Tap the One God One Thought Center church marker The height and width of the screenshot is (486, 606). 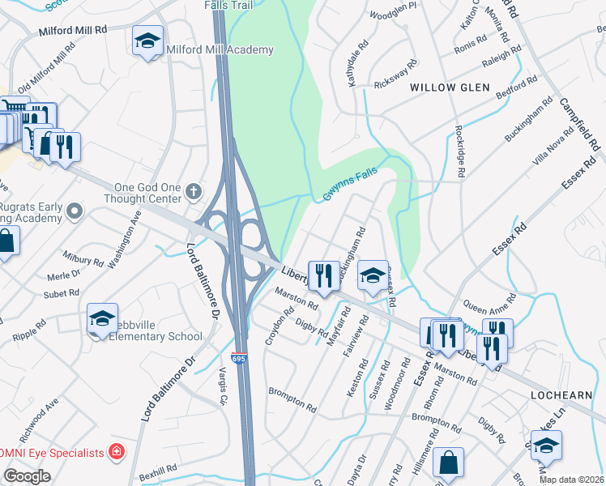(x=193, y=192)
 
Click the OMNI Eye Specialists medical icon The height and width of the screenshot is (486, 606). (x=117, y=451)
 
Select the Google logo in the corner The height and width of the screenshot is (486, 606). (x=27, y=475)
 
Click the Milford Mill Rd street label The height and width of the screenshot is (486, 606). (x=73, y=30)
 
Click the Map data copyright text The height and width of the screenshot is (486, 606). (x=571, y=480)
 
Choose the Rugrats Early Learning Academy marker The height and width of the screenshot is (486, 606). (x=75, y=212)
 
